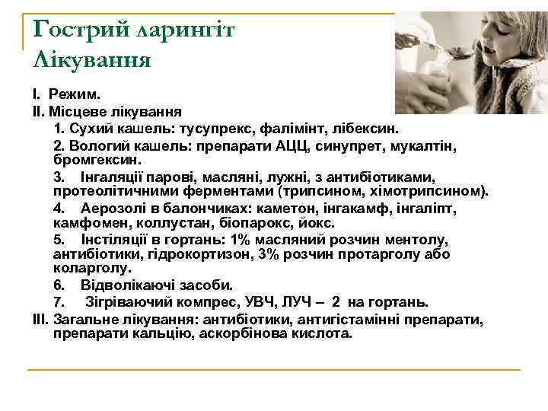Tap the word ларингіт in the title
pos(186,30)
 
